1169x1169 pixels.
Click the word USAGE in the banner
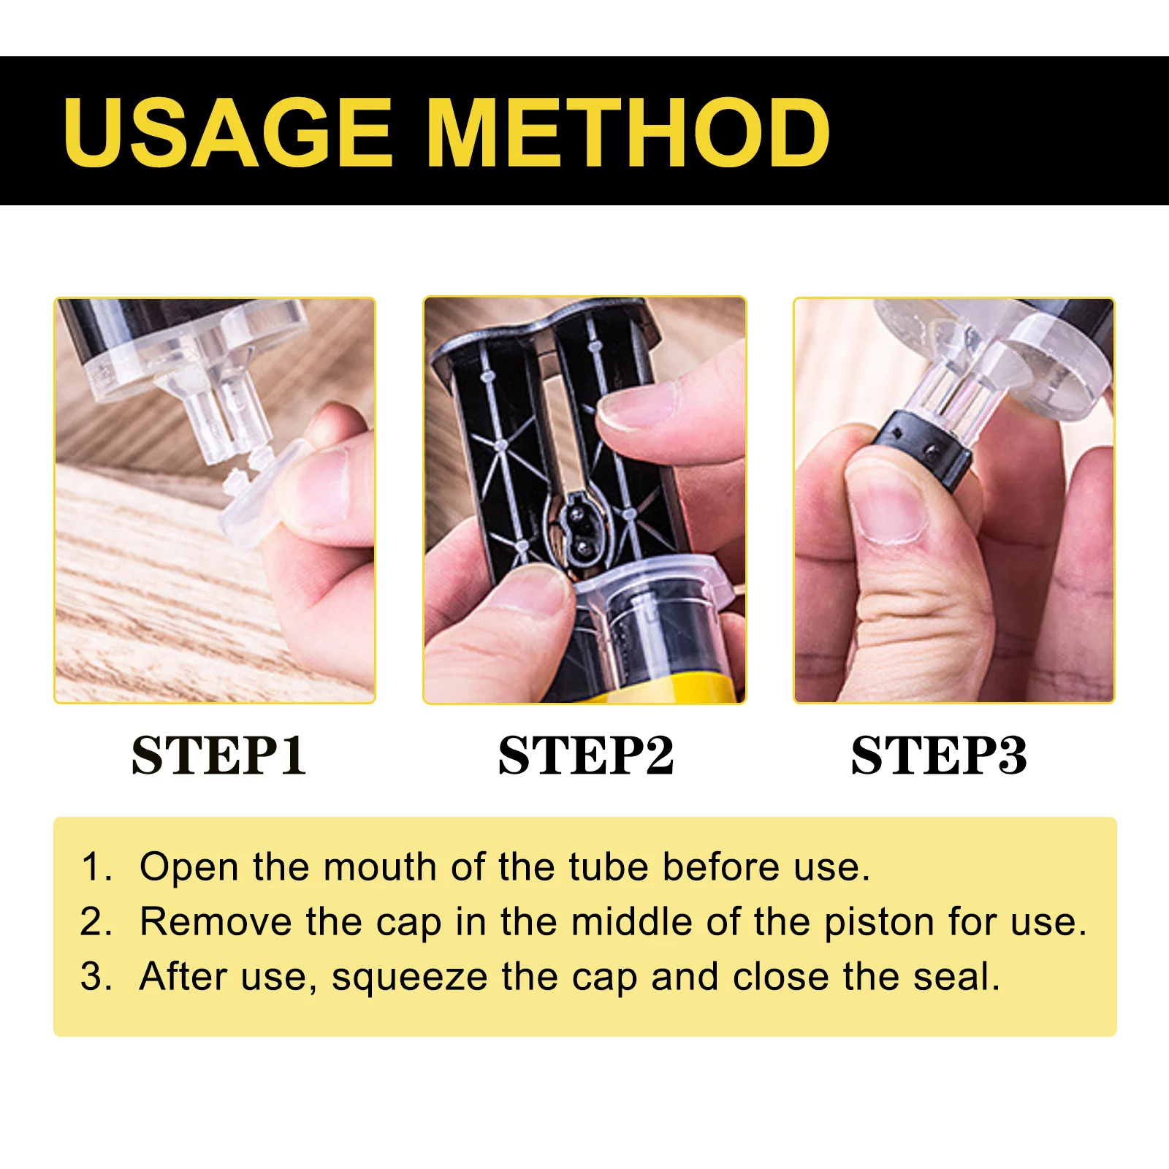[x=228, y=132]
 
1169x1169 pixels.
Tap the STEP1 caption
[x=218, y=755]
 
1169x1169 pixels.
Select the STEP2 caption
[x=585, y=755]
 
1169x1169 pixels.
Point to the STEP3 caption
[x=939, y=755]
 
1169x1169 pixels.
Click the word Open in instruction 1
[x=189, y=868]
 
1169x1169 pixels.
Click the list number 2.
[x=95, y=922]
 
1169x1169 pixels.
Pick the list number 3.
[x=95, y=977]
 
